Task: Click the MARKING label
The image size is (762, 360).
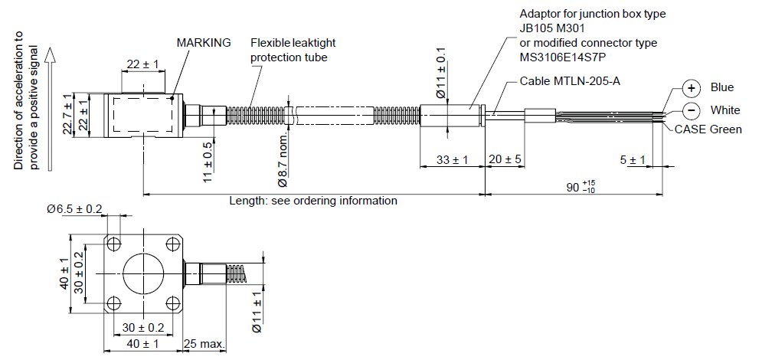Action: pyautogui.click(x=204, y=43)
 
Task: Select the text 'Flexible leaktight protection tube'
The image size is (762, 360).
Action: pyautogui.click(x=293, y=51)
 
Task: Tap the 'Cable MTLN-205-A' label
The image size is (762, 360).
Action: pyautogui.click(x=567, y=80)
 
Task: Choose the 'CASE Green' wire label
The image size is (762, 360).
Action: pyautogui.click(x=708, y=129)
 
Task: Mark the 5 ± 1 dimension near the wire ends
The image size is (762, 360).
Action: pyautogui.click(x=633, y=159)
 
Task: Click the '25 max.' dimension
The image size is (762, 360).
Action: pyautogui.click(x=204, y=344)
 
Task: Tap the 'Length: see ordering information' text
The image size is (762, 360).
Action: pyautogui.click(x=313, y=201)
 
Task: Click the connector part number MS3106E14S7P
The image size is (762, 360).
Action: pyautogui.click(x=567, y=55)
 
